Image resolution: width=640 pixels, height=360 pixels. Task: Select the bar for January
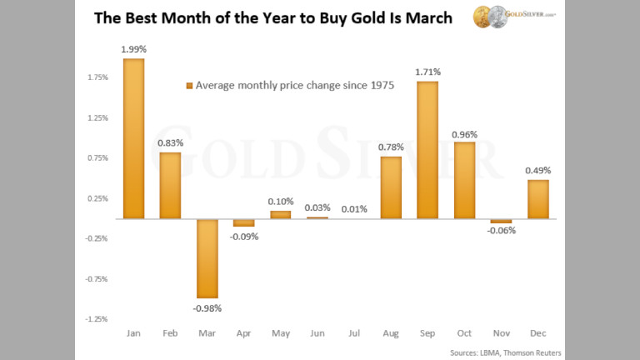point(133,138)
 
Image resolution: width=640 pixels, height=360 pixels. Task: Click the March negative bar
point(207,258)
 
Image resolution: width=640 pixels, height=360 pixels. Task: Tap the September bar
point(427,150)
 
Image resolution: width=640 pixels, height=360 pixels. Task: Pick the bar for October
point(464,180)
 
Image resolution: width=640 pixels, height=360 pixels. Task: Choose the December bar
point(537,199)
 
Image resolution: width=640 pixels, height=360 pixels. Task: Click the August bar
point(391,187)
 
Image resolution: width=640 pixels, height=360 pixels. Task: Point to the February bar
point(170,185)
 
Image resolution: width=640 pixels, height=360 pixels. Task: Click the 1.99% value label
point(133,49)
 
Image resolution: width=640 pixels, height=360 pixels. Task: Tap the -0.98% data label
point(207,307)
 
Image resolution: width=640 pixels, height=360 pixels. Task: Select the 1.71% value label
point(427,72)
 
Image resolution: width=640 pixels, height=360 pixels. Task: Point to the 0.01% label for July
point(354,208)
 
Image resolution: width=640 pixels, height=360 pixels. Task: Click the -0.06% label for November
point(501,231)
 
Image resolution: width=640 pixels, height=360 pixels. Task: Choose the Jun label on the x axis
point(317,332)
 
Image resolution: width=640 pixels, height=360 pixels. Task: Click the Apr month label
point(243,332)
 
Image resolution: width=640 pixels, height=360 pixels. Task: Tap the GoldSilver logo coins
point(487,17)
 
